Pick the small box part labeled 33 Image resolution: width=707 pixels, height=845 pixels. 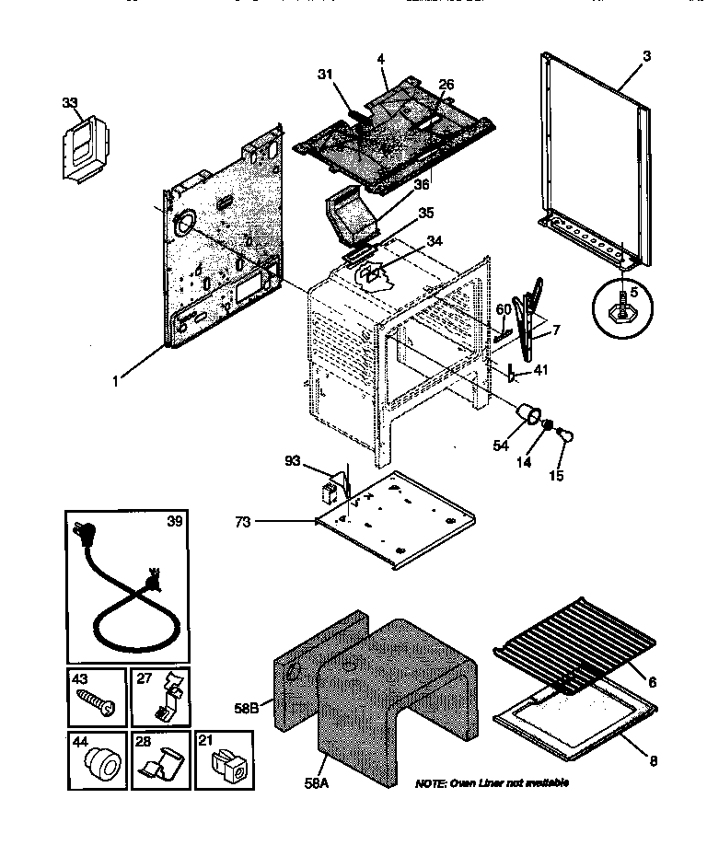click(85, 147)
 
